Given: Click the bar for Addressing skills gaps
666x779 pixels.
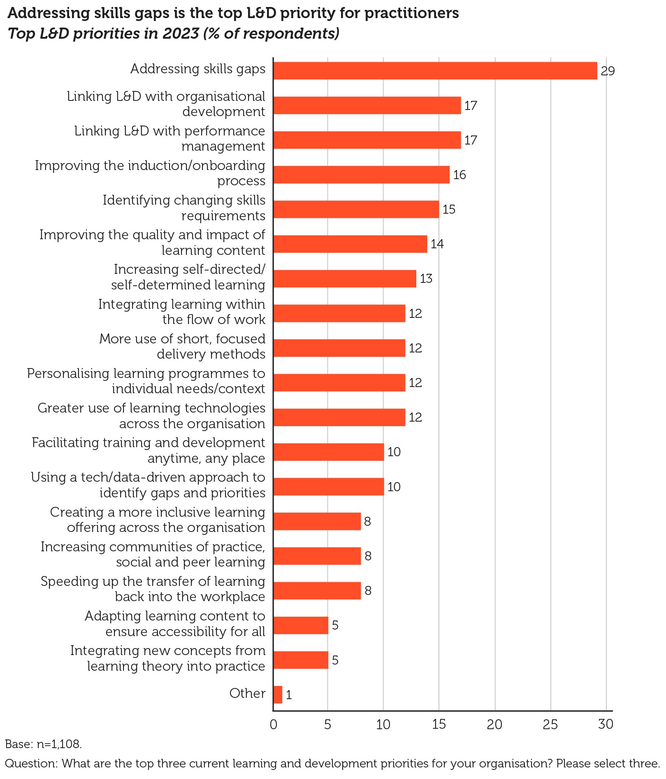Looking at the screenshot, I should point(435,70).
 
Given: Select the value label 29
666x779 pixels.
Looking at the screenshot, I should point(607,71).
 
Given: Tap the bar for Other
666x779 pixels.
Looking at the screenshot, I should point(278,694).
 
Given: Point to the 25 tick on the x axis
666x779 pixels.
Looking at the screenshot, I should point(550,724).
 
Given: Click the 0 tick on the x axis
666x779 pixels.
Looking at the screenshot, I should point(274,724).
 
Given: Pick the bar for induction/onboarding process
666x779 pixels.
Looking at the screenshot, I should point(361,175).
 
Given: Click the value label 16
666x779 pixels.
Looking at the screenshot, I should point(459,175).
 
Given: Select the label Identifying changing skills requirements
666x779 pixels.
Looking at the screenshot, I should point(184,208).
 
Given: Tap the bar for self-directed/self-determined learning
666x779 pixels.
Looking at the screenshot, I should point(345,278).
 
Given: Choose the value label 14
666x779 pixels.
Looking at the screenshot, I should point(437,244).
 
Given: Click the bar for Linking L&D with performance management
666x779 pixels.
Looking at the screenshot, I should point(367,140).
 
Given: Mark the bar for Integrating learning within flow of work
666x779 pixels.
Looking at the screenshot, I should point(339,313).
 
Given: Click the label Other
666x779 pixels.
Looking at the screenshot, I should point(247,693).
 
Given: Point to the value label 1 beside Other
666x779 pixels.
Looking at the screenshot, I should point(289,695).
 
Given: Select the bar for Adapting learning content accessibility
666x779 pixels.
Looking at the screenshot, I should point(301,625).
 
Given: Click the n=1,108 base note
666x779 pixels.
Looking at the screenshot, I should point(43,744).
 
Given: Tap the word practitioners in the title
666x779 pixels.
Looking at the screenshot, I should point(411,14).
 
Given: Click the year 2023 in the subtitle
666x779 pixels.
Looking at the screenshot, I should point(181,33).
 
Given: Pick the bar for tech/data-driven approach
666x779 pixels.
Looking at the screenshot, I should point(328,487).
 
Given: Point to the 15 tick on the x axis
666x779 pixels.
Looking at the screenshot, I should point(439,724).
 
